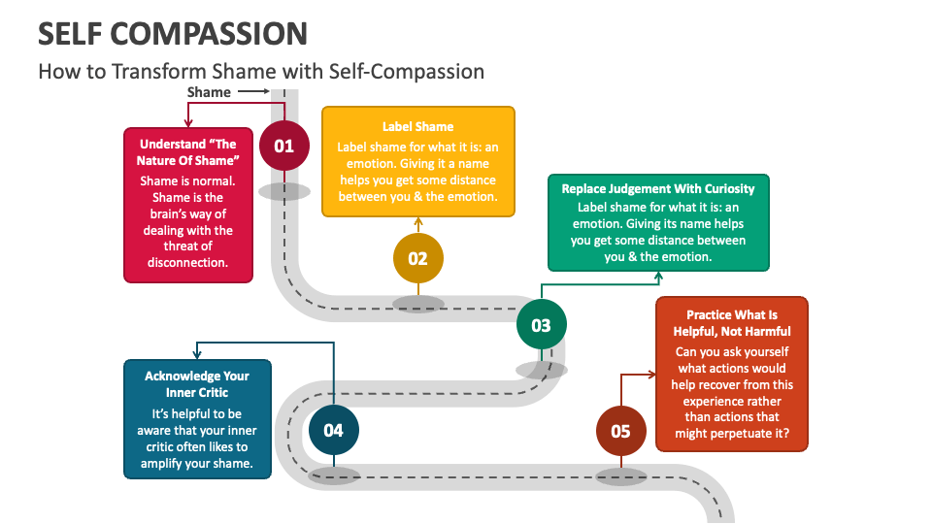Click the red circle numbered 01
tap(283, 147)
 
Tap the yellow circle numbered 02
tap(417, 258)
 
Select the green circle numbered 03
tap(541, 325)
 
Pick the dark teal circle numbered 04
tap(333, 430)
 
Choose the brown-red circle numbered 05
tap(620, 431)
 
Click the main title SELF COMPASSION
tap(173, 33)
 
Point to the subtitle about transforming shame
tap(260, 71)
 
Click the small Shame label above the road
tap(209, 92)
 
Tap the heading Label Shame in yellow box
tap(417, 127)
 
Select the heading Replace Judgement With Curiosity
tap(658, 189)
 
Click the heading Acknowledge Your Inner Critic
tap(197, 384)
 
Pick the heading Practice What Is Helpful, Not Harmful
tap(732, 323)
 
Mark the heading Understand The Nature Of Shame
tap(187, 152)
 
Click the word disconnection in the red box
tap(187, 263)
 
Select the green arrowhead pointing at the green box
tap(658, 277)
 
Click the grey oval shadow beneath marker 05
tap(620, 476)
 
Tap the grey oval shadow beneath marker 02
tap(417, 304)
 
